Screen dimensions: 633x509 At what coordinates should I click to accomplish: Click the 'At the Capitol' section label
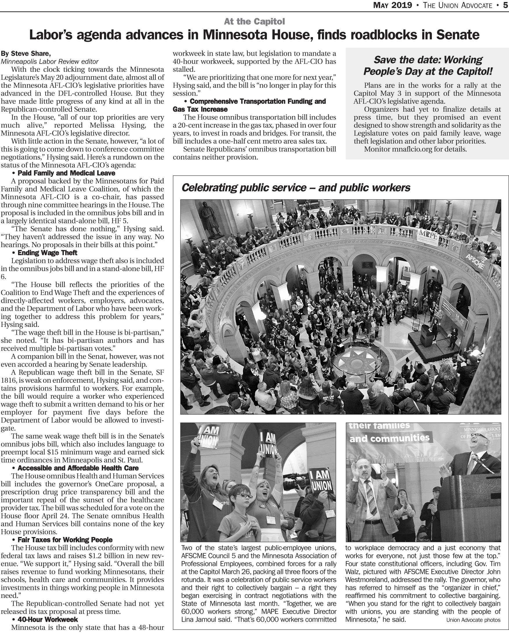click(254, 21)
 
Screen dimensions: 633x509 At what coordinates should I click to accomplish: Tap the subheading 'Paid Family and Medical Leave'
click(66, 173)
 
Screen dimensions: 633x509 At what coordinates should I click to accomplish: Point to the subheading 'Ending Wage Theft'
click(47, 253)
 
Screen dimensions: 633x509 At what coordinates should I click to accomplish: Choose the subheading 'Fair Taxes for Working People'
click(65, 540)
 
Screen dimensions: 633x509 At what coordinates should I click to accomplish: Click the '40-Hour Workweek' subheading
click(48, 620)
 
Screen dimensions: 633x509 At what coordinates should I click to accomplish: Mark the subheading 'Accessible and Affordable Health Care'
click(78, 468)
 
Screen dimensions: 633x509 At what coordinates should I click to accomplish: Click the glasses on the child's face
click(243, 496)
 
